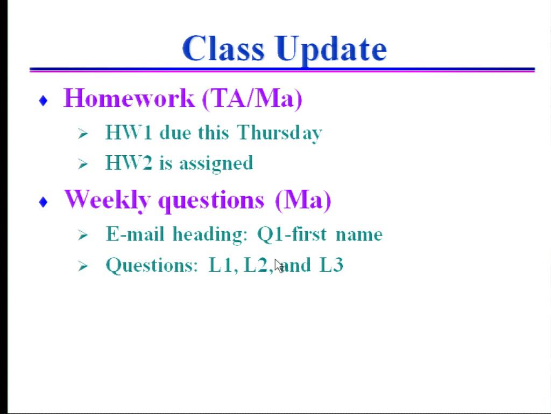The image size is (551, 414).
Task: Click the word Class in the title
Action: click(x=223, y=48)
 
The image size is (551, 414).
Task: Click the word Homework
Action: click(x=129, y=98)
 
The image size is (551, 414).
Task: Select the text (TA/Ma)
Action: click(x=252, y=99)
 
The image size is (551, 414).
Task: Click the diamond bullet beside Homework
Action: click(x=43, y=101)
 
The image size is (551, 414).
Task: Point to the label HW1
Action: click(x=129, y=133)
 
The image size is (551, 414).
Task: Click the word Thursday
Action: click(x=279, y=134)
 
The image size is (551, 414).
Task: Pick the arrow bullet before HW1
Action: click(x=83, y=134)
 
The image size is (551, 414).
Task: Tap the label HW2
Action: click(x=129, y=163)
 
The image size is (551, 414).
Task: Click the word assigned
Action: click(x=216, y=164)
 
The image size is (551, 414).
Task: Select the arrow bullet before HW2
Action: click(x=83, y=164)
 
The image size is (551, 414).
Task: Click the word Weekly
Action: click(x=108, y=201)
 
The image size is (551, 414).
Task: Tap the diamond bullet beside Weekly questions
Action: click(x=43, y=202)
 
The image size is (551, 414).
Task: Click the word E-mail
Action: click(x=135, y=234)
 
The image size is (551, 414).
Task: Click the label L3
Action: click(x=331, y=265)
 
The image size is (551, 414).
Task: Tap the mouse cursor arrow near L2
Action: click(x=279, y=266)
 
